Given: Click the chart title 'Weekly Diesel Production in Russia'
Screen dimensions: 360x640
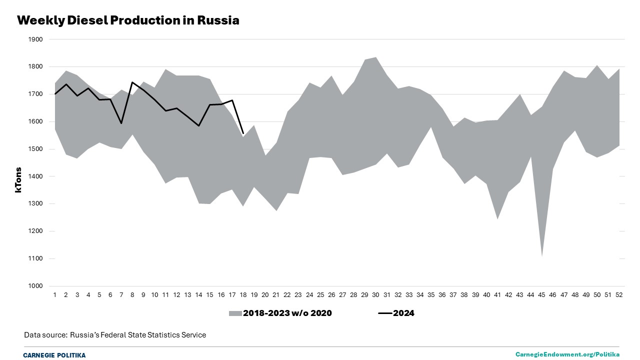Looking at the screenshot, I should [128, 20].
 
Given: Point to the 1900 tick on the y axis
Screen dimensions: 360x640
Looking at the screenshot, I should [36, 39].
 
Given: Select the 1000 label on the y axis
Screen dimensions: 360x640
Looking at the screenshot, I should [36, 286].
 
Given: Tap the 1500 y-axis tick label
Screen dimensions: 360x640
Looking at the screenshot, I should [36, 149].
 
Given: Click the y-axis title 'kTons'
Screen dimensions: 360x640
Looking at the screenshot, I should [18, 180].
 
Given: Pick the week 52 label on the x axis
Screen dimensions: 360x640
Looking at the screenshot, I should [619, 295].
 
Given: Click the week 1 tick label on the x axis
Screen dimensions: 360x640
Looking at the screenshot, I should [55, 295].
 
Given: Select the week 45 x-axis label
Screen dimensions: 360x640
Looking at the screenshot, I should [542, 295].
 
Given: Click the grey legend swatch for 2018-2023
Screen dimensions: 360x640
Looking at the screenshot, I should [235, 313].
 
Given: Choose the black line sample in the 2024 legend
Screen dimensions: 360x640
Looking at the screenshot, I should [384, 313].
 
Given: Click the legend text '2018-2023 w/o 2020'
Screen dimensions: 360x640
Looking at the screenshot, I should [287, 313].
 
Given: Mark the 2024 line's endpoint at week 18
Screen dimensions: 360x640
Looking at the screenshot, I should [243, 133].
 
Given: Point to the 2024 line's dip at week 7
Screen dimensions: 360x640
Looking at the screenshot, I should [121, 123].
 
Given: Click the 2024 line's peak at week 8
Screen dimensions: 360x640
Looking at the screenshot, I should [132, 82].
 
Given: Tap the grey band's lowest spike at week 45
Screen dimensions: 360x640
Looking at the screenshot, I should [542, 256].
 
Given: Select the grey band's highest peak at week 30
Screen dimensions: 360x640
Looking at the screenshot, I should [376, 57].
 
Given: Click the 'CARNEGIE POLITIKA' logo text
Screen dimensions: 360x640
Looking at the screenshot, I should [54, 355].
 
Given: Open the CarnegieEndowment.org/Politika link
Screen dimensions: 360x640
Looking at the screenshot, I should [567, 354].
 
